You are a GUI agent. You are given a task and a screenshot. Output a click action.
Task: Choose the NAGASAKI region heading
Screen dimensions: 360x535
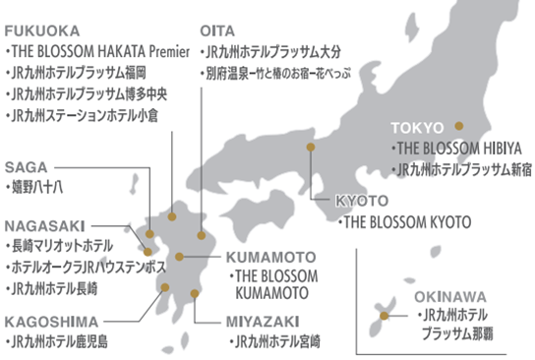43,223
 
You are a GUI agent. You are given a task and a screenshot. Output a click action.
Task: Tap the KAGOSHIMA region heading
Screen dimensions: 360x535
52,321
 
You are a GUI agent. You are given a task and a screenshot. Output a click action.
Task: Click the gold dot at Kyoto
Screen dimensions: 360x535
310,147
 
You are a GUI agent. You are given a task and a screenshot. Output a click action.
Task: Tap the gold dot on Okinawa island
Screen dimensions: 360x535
384,317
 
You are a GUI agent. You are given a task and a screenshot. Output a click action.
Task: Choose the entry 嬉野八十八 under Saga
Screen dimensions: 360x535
35,185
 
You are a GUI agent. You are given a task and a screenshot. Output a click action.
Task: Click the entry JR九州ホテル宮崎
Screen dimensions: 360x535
274,341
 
